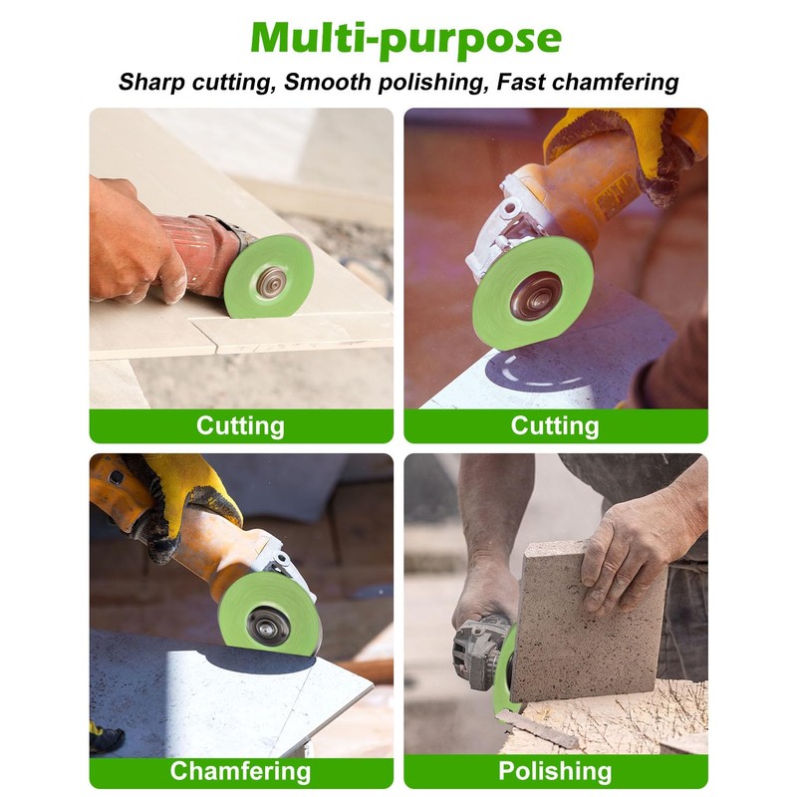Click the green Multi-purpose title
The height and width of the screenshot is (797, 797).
tap(405, 38)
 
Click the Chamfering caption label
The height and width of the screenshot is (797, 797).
tap(240, 770)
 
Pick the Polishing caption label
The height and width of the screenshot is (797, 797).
tap(555, 770)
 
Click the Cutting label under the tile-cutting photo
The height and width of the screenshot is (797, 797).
tap(240, 425)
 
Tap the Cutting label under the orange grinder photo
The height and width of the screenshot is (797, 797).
tap(555, 425)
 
